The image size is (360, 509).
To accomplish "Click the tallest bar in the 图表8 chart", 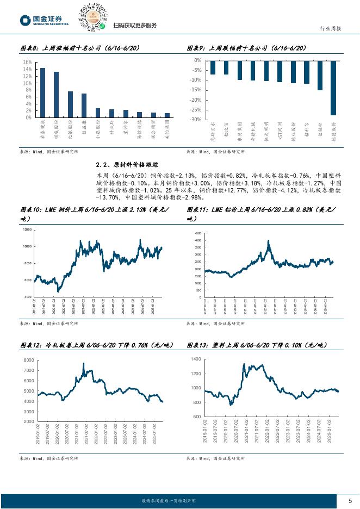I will pos(42,92).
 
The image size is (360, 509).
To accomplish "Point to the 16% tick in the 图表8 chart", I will pos(27,62).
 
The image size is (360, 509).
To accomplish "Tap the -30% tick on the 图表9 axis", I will pos(196,119).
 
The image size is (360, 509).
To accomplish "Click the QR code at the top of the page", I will pos(93,17).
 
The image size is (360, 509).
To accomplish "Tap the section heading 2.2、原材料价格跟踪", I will pos(127,164).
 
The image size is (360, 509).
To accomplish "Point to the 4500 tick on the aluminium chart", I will pos(198,232).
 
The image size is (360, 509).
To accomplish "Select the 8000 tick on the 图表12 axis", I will pos(27,361).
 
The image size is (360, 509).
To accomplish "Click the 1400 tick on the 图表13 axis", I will pos(195,360).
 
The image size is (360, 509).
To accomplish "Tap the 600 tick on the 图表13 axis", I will pos(196,417).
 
